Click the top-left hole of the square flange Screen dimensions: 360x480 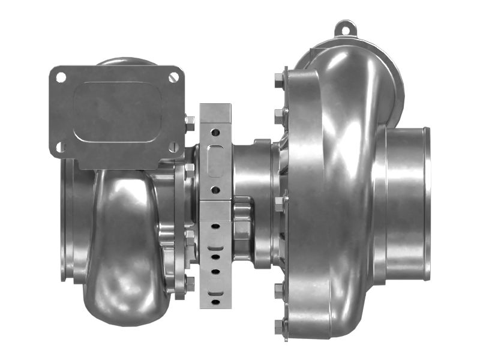[x=61, y=77]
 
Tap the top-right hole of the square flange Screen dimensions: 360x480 [x=174, y=76]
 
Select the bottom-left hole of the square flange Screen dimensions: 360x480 [x=61, y=146]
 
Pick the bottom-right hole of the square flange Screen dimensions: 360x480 [x=173, y=146]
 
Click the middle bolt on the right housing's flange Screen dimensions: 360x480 [x=280, y=203]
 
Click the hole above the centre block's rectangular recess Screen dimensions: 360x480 [x=215, y=131]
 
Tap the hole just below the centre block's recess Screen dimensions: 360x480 [x=215, y=190]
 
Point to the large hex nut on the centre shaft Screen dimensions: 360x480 [x=241, y=229]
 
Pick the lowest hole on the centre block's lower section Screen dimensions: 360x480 [x=215, y=294]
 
